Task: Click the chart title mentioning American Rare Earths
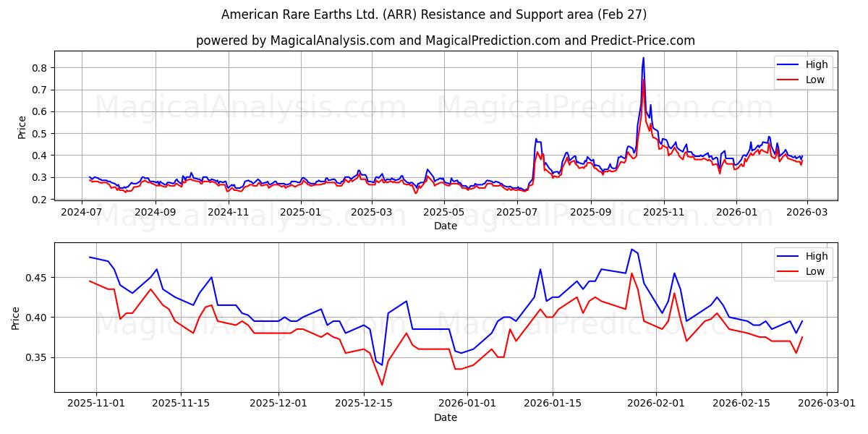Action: click(x=434, y=14)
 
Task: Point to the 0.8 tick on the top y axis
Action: click(x=40, y=68)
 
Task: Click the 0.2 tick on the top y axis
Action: click(x=40, y=200)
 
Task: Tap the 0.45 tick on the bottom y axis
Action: click(x=36, y=278)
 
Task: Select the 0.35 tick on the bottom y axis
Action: click(x=36, y=357)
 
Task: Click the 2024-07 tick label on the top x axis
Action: click(x=82, y=213)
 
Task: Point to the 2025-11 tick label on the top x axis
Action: click(x=663, y=213)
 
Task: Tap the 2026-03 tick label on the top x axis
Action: click(x=807, y=213)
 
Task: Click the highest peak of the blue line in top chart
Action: click(x=643, y=58)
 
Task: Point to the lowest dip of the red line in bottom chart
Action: click(x=382, y=384)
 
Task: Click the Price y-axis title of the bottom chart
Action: click(x=16, y=318)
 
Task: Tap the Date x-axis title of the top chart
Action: click(x=445, y=226)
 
